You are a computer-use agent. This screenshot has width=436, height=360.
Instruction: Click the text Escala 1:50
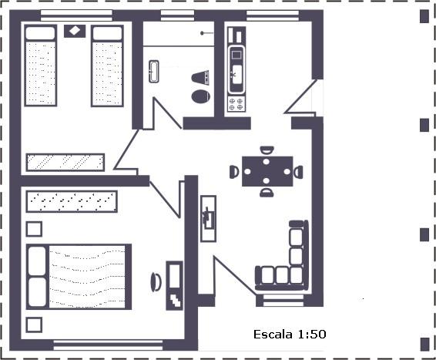[290, 334]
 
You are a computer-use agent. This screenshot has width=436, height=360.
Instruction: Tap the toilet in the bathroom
[200, 96]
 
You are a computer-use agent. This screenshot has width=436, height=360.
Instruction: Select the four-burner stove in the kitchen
[236, 104]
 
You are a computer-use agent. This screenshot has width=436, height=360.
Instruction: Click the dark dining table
[267, 171]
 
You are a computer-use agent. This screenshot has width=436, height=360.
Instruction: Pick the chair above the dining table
[267, 150]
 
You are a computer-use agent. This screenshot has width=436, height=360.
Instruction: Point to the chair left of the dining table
[234, 172]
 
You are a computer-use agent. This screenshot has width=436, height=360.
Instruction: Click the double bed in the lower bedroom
[79, 277]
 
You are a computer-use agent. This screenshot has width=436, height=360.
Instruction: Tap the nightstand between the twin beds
[75, 31]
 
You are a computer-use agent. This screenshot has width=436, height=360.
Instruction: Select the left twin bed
[41, 66]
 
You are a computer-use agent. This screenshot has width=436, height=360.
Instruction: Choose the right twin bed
[107, 66]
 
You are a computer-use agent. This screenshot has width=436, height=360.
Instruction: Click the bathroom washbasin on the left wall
[154, 72]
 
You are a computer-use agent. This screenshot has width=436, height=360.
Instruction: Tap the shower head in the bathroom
[206, 33]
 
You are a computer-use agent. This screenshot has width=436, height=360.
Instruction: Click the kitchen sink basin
[236, 74]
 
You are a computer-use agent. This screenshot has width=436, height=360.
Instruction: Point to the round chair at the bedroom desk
[156, 282]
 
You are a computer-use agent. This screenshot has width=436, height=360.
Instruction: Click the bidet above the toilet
[200, 78]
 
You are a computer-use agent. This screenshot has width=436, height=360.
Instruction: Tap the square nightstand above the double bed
[34, 229]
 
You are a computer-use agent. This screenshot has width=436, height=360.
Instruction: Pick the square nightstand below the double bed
[34, 325]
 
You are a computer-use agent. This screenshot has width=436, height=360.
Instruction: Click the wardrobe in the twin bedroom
[65, 162]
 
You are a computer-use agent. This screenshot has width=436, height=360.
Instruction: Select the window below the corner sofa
[283, 301]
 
